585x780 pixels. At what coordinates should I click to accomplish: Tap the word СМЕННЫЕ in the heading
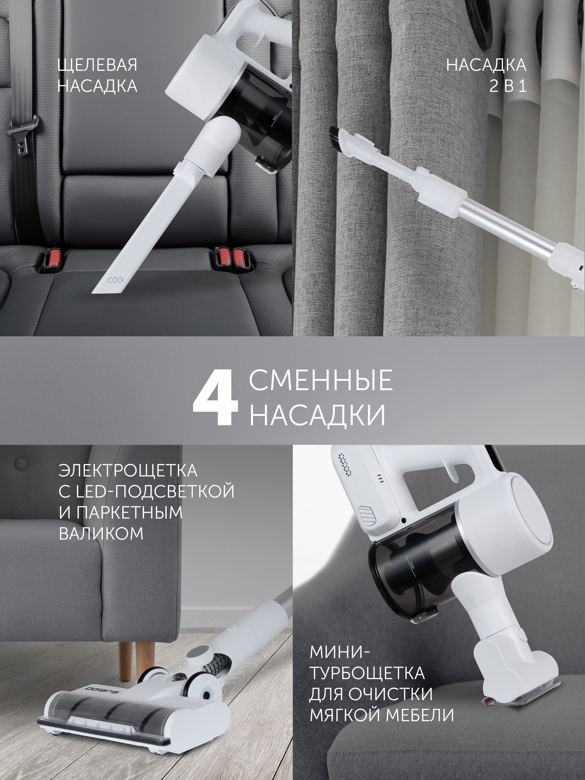click(x=321, y=380)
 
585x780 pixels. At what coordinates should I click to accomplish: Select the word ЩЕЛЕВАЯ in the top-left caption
click(x=97, y=65)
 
